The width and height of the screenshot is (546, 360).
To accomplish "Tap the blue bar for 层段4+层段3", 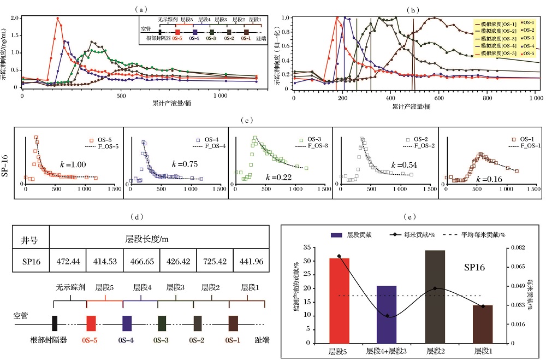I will (387, 314).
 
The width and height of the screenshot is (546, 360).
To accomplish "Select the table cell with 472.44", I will (68, 262).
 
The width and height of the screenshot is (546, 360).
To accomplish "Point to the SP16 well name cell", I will (31, 262).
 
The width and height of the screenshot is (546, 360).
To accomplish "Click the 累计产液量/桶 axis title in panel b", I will (411, 107).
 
